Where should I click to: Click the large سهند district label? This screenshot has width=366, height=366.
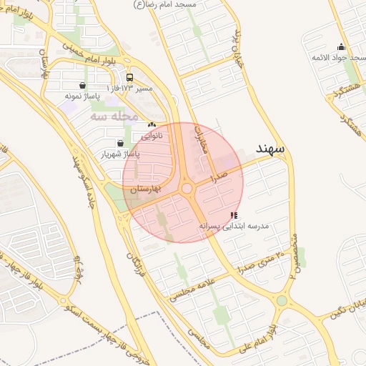[270, 149]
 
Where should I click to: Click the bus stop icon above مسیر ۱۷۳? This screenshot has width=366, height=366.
[129, 77]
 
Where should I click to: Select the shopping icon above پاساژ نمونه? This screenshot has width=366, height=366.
[84, 86]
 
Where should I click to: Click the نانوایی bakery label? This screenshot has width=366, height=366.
[151, 134]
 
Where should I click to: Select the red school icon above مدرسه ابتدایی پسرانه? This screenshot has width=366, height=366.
[234, 215]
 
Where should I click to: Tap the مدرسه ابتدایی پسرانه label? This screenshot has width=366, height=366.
[233, 225]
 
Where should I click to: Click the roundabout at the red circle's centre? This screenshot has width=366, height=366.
[187, 189]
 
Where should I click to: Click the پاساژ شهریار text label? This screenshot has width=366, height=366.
[119, 154]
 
